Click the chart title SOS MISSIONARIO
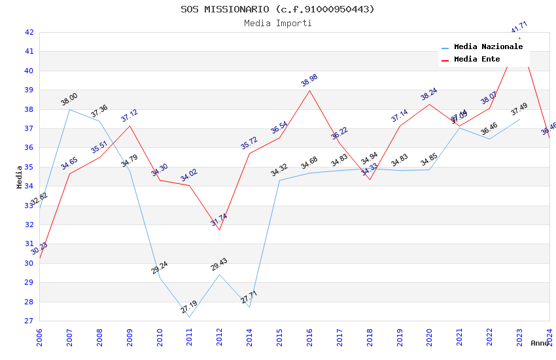click(x=278, y=9)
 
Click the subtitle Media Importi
click(x=278, y=23)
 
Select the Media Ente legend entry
click(x=477, y=59)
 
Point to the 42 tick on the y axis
click(x=29, y=32)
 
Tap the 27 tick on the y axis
click(x=29, y=321)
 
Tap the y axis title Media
click(x=20, y=177)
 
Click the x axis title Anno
click(x=540, y=343)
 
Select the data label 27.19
click(x=189, y=307)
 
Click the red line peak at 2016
click(x=309, y=90)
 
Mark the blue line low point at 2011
click(x=190, y=317)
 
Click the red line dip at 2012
click(x=219, y=230)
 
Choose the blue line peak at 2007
click(x=69, y=109)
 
